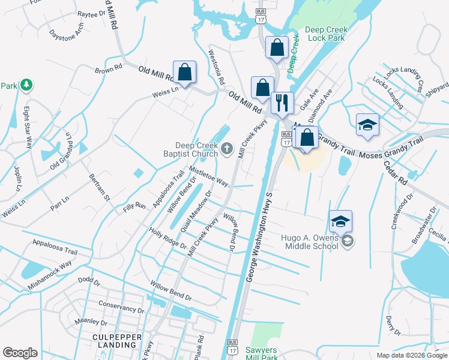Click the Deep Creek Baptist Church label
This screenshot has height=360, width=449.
pos(196,149)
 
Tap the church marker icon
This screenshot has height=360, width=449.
pos(227,149)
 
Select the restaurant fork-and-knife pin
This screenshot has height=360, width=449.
pos(280,103)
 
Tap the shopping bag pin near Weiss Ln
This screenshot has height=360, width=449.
pos(185,73)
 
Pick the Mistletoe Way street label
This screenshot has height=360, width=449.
pos(209,176)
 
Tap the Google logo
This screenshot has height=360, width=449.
pos(20,353)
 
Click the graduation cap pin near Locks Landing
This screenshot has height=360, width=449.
pos(367,125)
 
